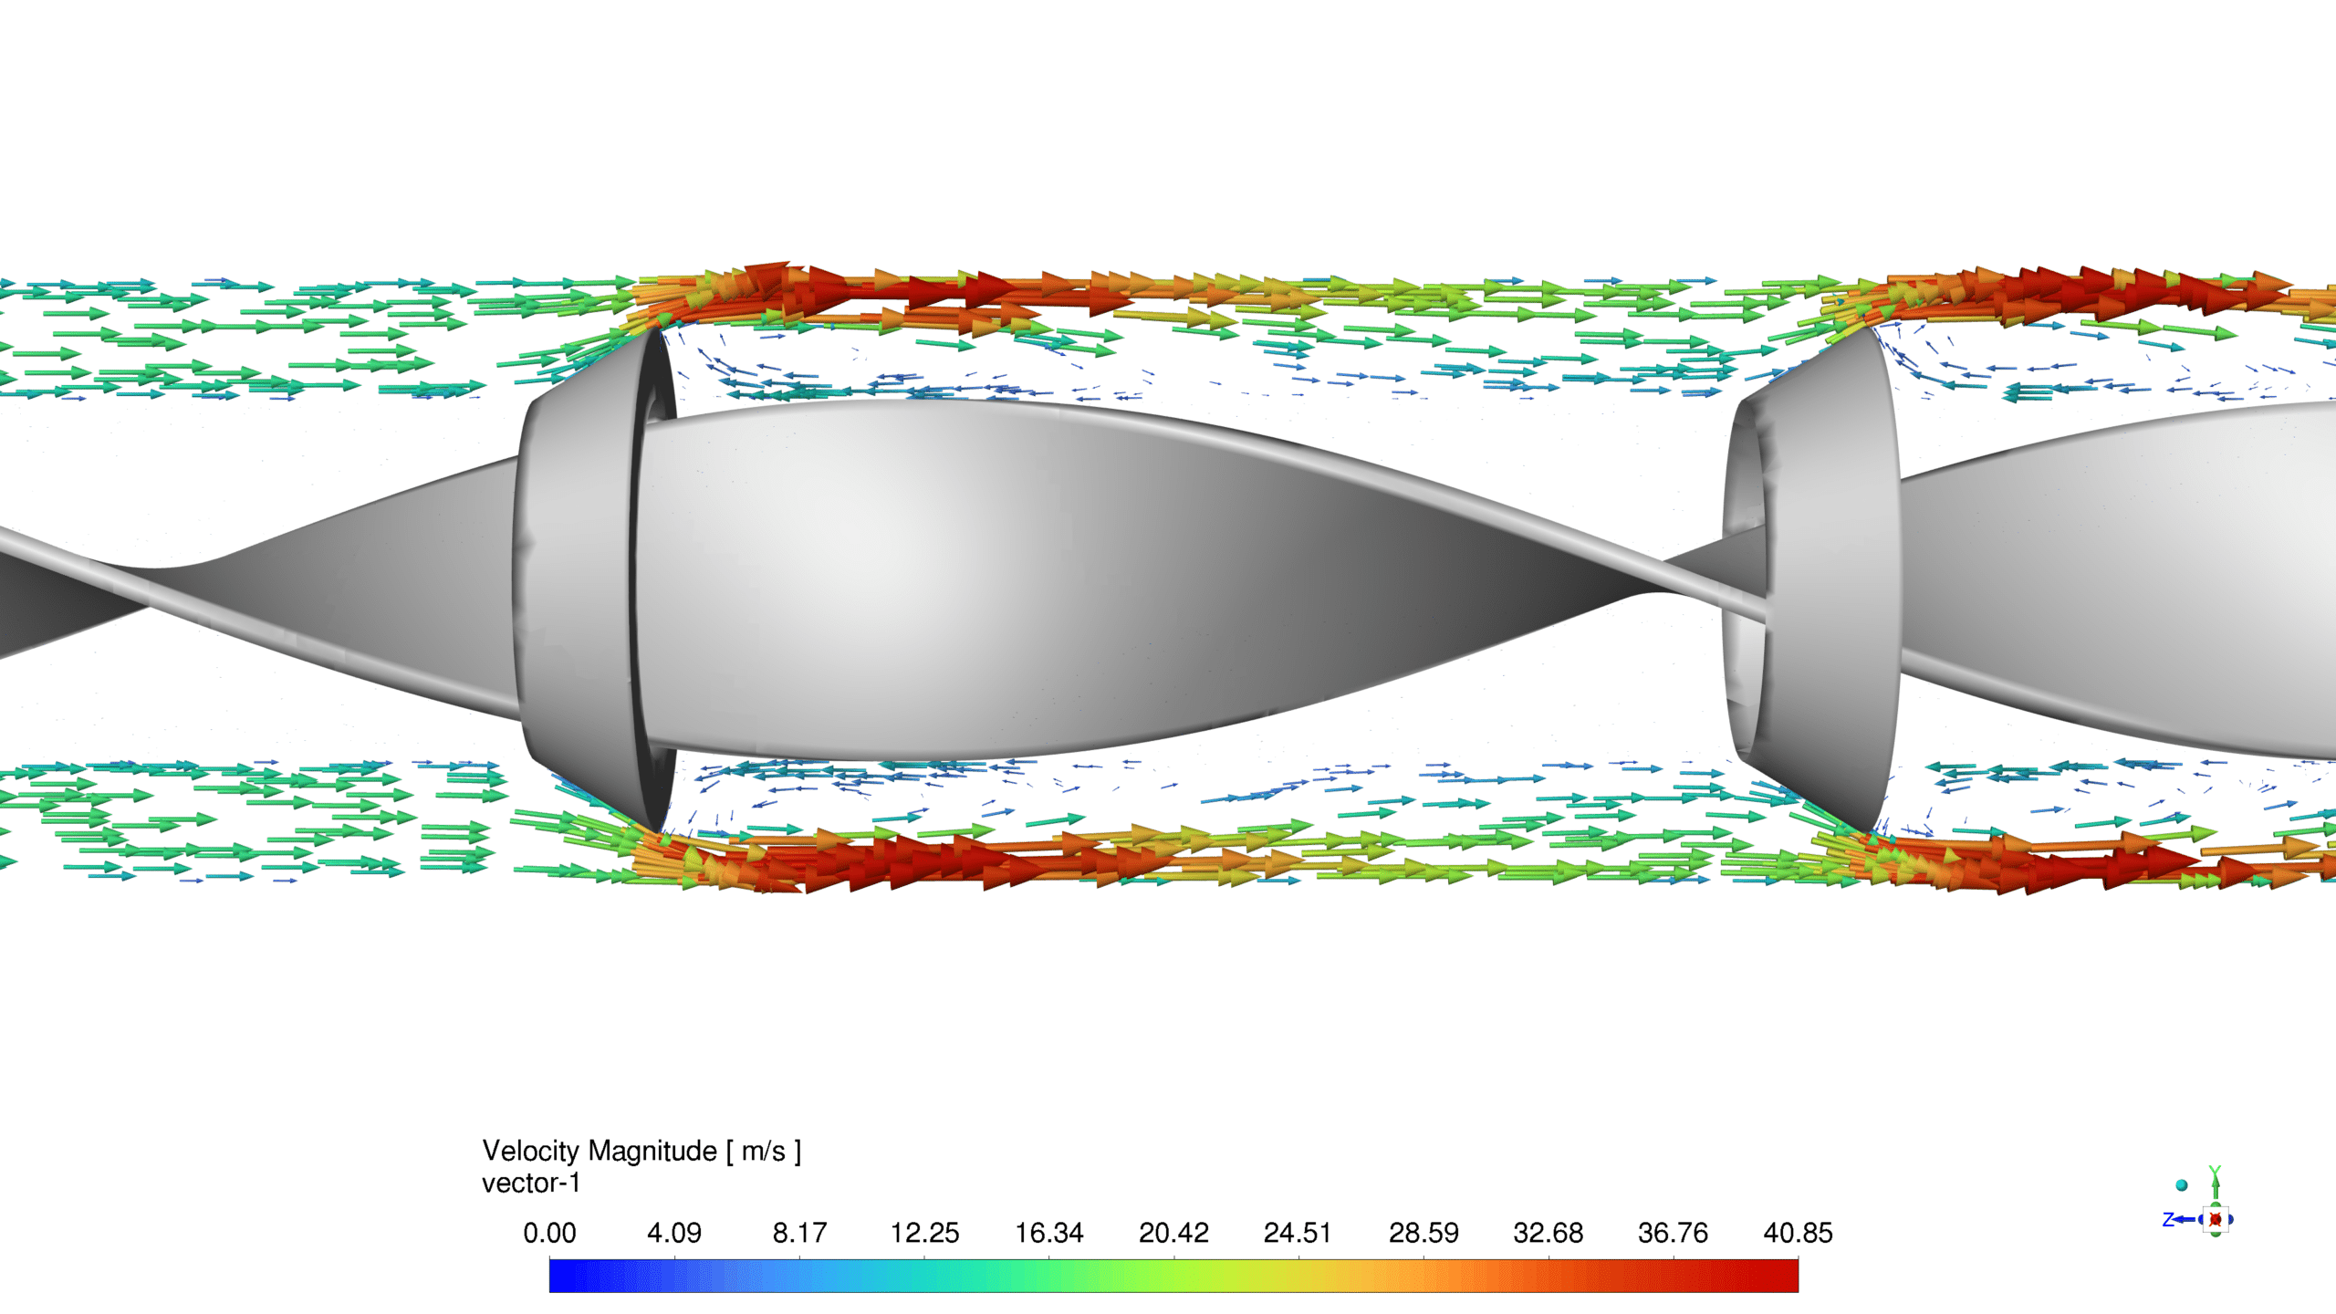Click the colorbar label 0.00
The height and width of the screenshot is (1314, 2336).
click(549, 1233)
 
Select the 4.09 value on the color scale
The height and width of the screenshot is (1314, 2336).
click(674, 1233)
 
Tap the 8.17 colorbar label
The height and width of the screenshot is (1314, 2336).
click(799, 1233)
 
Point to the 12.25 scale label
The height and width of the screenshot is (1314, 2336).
click(924, 1233)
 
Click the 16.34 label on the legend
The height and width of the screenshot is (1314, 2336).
click(1049, 1233)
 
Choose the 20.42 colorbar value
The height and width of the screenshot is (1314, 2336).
click(1173, 1233)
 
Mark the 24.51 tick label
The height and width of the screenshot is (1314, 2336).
click(1298, 1233)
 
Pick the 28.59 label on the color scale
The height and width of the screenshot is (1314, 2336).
click(1423, 1233)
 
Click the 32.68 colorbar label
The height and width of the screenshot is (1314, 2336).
click(1549, 1233)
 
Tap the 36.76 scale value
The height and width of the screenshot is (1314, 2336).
click(1673, 1233)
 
